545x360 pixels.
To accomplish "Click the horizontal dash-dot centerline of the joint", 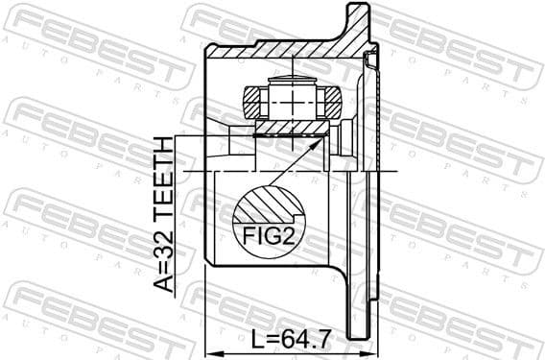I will (x=288, y=170).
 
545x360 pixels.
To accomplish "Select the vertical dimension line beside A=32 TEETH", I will (x=178, y=221).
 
